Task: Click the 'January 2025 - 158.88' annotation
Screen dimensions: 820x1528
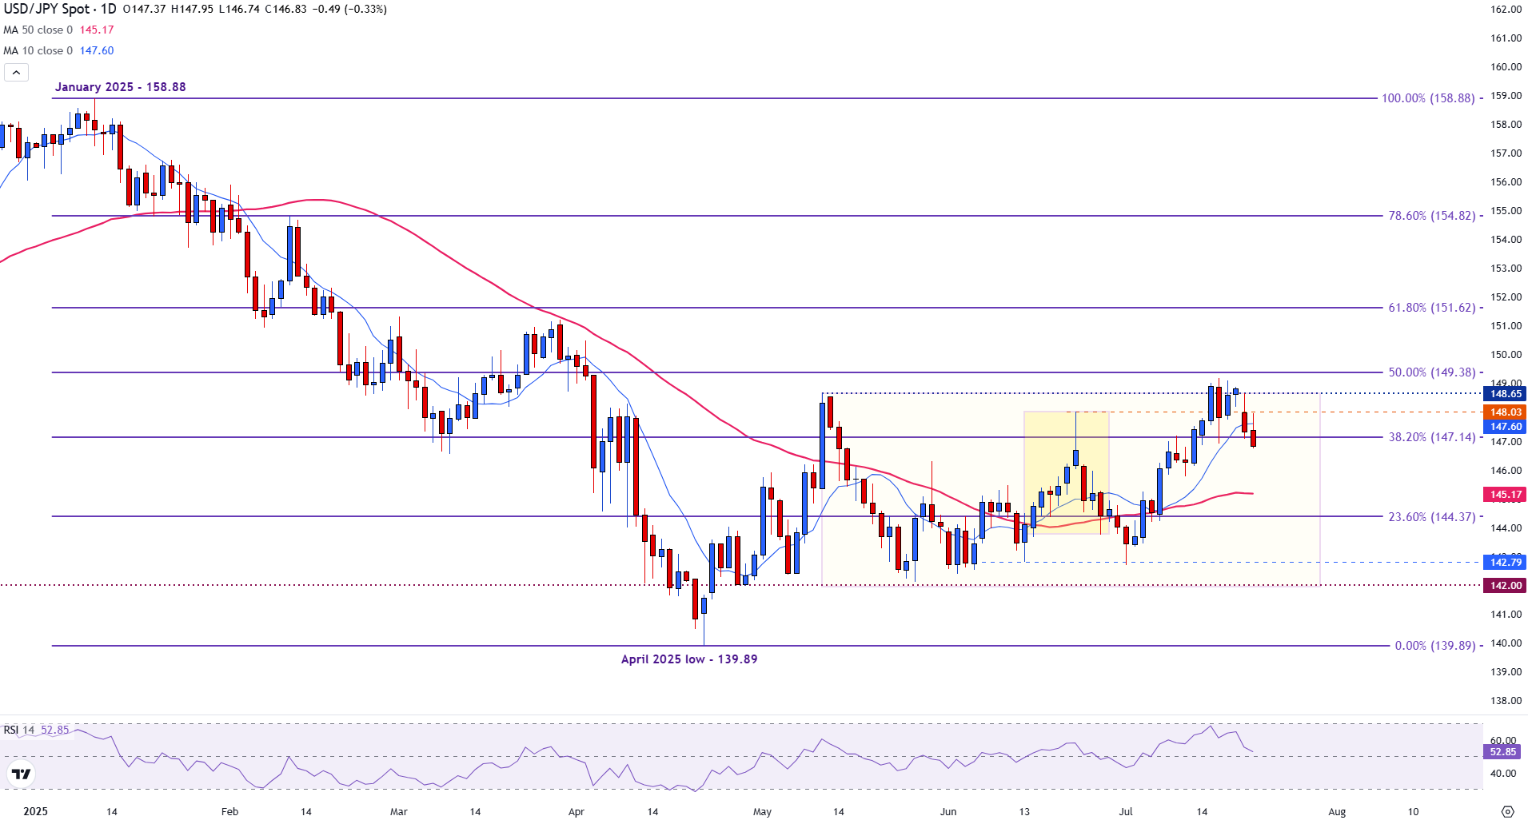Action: pyautogui.click(x=120, y=87)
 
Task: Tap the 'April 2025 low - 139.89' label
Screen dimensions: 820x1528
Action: pyautogui.click(x=688, y=659)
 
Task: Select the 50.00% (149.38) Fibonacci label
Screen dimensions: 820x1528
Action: pyautogui.click(x=1431, y=372)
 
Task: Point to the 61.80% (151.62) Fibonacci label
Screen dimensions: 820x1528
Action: pyautogui.click(x=1431, y=308)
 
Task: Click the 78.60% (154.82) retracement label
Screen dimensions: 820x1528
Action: pyautogui.click(x=1431, y=216)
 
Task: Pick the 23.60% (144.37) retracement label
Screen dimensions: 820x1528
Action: pyautogui.click(x=1431, y=517)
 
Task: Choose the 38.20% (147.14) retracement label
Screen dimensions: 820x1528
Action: pyautogui.click(x=1431, y=437)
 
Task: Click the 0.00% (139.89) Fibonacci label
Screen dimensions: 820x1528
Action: pyautogui.click(x=1434, y=646)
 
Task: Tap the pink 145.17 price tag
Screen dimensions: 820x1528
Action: pyautogui.click(x=1505, y=495)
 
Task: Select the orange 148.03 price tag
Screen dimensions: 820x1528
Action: pyautogui.click(x=1505, y=412)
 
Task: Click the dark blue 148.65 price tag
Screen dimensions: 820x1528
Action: pyautogui.click(x=1505, y=394)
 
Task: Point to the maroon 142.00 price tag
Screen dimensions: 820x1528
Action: pyautogui.click(x=1505, y=586)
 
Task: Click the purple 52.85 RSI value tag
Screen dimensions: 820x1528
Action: pyautogui.click(x=1502, y=752)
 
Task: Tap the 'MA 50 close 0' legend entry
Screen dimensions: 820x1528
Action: pyautogui.click(x=38, y=30)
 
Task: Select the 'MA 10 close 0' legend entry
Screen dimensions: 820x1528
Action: pyautogui.click(x=38, y=51)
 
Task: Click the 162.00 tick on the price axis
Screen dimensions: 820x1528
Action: pyautogui.click(x=1506, y=10)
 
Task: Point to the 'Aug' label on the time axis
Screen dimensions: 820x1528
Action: pyautogui.click(x=1337, y=812)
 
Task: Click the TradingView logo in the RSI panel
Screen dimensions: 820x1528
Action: pyautogui.click(x=21, y=774)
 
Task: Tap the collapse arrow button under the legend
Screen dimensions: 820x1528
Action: pyautogui.click(x=16, y=73)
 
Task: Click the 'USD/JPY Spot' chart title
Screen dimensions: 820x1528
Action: pyautogui.click(x=46, y=9)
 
